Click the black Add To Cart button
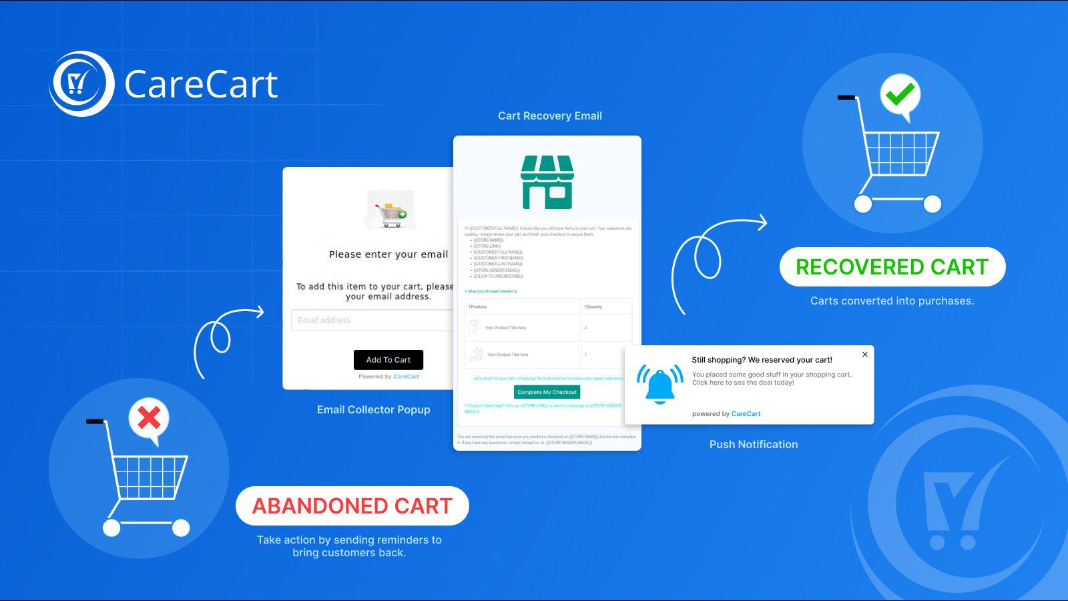coord(388,360)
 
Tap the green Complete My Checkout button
coord(547,392)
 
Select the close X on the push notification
coord(864,355)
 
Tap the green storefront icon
coord(547,182)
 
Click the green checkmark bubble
coord(900,95)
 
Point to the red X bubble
coord(149,419)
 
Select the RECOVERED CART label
coord(892,267)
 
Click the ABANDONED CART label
coord(352,506)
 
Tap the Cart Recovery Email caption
coord(549,116)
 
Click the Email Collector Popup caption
coord(373,410)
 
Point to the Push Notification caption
coord(753,445)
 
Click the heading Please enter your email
coord(388,254)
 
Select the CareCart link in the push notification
coord(746,414)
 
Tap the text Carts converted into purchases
coord(892,301)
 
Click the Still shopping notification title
coord(762,360)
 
